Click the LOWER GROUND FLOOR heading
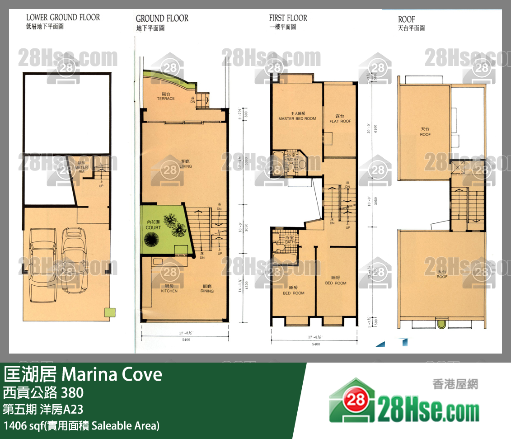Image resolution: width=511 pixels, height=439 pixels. tap(63, 18)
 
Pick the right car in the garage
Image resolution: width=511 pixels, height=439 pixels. tap(75, 260)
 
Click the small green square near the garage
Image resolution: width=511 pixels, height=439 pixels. tap(108, 312)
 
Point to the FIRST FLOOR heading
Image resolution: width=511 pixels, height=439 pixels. tap(288, 18)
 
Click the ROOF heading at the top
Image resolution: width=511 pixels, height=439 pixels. tap(406, 19)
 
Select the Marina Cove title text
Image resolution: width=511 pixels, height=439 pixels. tap(111, 374)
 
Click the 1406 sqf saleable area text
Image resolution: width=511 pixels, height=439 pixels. tap(81, 425)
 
